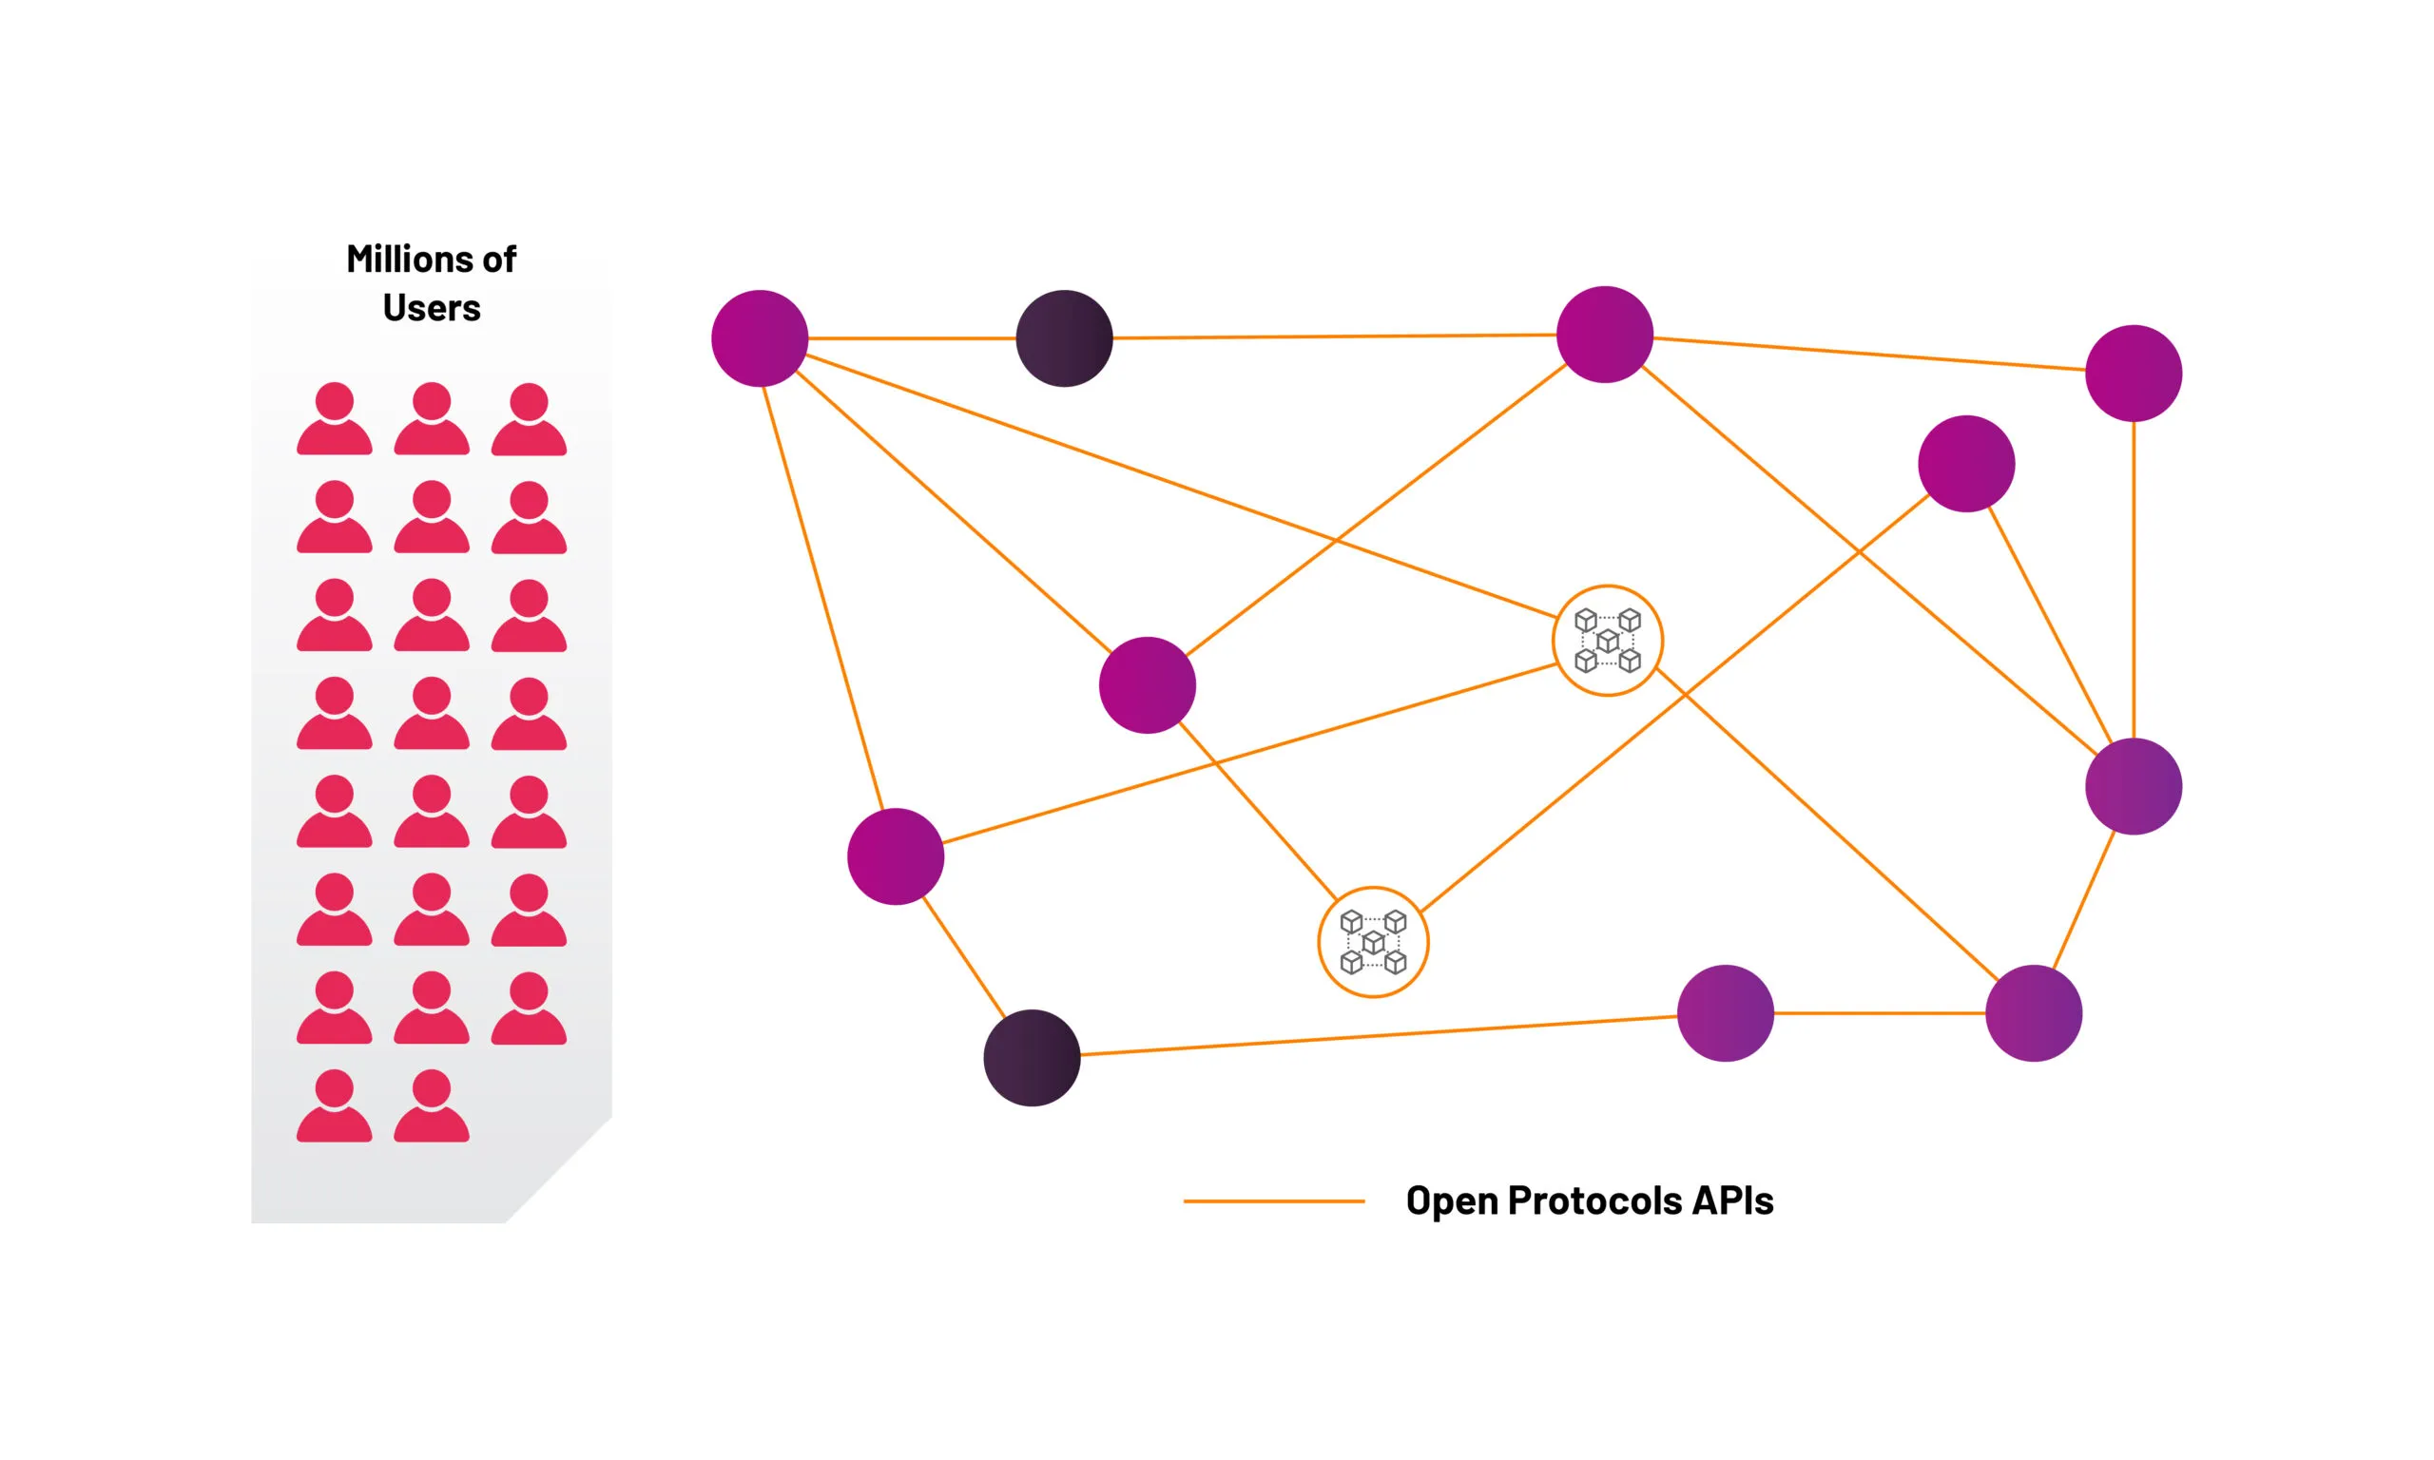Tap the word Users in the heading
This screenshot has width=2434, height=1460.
click(x=431, y=308)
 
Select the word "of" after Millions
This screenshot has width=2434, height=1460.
click(x=499, y=259)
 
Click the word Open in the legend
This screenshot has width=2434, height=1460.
click(x=1452, y=1201)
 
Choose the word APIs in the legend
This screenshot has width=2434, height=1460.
click(x=1732, y=1201)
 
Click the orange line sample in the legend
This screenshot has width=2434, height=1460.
click(x=1274, y=1201)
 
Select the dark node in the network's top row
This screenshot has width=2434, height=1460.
click(x=1065, y=338)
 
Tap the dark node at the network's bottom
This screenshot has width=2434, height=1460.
click(x=1032, y=1058)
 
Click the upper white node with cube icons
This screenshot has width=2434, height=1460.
click(x=1608, y=641)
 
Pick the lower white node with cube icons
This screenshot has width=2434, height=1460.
click(x=1374, y=943)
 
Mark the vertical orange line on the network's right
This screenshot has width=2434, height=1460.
click(x=2133, y=580)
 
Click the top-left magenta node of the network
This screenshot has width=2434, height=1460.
click(x=760, y=338)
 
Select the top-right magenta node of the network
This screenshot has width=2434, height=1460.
click(x=2134, y=373)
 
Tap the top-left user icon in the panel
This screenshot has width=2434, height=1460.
click(x=335, y=418)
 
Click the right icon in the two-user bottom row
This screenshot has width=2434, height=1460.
click(x=432, y=1105)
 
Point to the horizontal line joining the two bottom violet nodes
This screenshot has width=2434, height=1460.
click(x=1879, y=1012)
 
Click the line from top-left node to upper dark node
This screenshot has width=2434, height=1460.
click(x=912, y=338)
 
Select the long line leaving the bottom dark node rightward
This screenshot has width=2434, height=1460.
click(x=1380, y=1036)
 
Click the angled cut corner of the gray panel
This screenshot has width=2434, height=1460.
click(x=559, y=1170)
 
